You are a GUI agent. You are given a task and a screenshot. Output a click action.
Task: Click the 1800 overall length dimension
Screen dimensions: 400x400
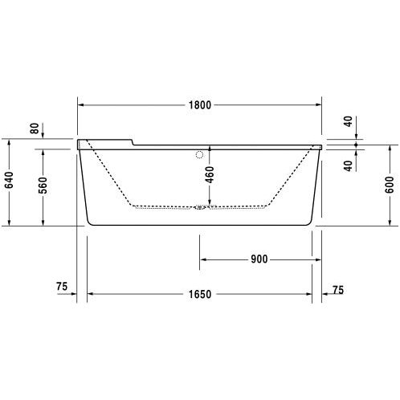(x=200, y=105)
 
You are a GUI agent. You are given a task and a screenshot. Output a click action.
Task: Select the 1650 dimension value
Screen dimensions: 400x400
(x=200, y=294)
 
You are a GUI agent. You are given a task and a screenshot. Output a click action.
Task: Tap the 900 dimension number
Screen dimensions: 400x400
(x=259, y=259)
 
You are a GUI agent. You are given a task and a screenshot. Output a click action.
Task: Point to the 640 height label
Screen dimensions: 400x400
(x=10, y=180)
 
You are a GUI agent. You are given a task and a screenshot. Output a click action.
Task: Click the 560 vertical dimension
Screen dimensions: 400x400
(x=43, y=186)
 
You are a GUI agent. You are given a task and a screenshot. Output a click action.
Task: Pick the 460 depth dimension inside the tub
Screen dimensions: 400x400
(x=210, y=175)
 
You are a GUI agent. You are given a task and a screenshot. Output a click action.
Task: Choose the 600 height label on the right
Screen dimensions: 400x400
(x=390, y=185)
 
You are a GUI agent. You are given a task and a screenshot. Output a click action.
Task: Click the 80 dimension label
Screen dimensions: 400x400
(x=35, y=129)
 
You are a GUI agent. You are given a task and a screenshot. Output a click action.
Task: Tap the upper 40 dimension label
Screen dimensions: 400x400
(x=348, y=121)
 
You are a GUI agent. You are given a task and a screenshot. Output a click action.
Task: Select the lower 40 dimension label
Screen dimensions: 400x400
(x=348, y=165)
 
